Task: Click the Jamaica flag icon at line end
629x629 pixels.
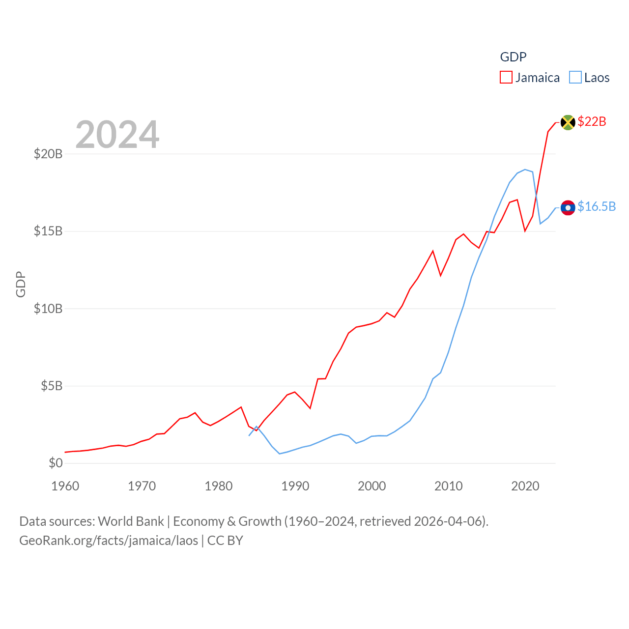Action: click(568, 122)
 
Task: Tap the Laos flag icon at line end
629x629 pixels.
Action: click(568, 208)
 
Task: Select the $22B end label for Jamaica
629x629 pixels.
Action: click(592, 121)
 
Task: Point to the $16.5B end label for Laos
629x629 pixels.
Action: click(597, 206)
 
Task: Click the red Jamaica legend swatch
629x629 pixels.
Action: click(506, 78)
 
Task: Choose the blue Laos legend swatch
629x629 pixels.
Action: click(575, 78)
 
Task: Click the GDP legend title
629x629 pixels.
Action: click(513, 57)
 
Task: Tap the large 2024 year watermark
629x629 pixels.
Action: click(117, 135)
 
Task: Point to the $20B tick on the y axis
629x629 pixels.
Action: click(48, 154)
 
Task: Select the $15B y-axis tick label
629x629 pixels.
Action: click(48, 231)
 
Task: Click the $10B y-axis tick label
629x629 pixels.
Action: click(48, 309)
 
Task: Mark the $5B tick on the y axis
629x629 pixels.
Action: click(52, 386)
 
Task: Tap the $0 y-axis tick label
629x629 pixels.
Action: click(56, 463)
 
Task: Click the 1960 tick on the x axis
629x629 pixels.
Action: click(65, 486)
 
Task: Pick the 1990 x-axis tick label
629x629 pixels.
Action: click(295, 486)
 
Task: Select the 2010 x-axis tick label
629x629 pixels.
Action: click(449, 486)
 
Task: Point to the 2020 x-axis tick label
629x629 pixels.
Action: click(525, 486)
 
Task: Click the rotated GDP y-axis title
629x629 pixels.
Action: click(21, 284)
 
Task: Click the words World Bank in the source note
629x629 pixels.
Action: click(131, 521)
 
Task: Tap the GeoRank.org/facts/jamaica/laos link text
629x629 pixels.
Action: click(109, 541)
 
